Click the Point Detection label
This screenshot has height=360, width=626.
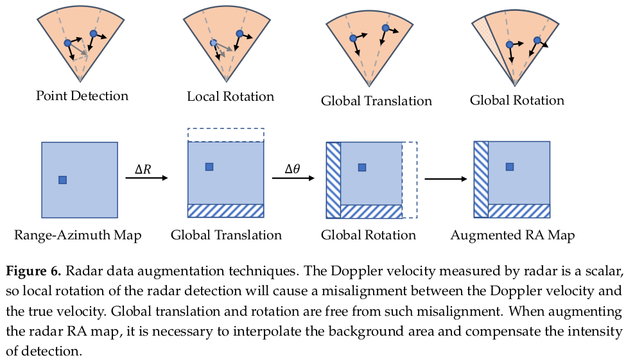pyautogui.click(x=82, y=96)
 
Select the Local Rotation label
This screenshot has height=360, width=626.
pyautogui.click(x=230, y=97)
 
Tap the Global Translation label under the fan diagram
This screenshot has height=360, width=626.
pyautogui.click(x=376, y=101)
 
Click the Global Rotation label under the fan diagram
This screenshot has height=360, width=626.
pyautogui.click(x=517, y=100)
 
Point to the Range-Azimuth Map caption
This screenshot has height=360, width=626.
pyautogui.click(x=78, y=236)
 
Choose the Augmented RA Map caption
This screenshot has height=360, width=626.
pyautogui.click(x=512, y=236)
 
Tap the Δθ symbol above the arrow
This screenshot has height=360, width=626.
pyautogui.click(x=293, y=169)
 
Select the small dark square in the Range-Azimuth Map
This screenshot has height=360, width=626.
pyautogui.click(x=62, y=180)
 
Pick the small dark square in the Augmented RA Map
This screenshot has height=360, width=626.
pyautogui.click(x=510, y=167)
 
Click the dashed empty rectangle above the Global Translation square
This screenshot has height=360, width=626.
pyautogui.click(x=225, y=135)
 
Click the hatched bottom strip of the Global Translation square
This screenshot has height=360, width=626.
pyautogui.click(x=225, y=211)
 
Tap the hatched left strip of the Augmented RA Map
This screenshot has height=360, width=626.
pyautogui.click(x=481, y=179)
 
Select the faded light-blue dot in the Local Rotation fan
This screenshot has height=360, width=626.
pyautogui.click(x=214, y=43)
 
